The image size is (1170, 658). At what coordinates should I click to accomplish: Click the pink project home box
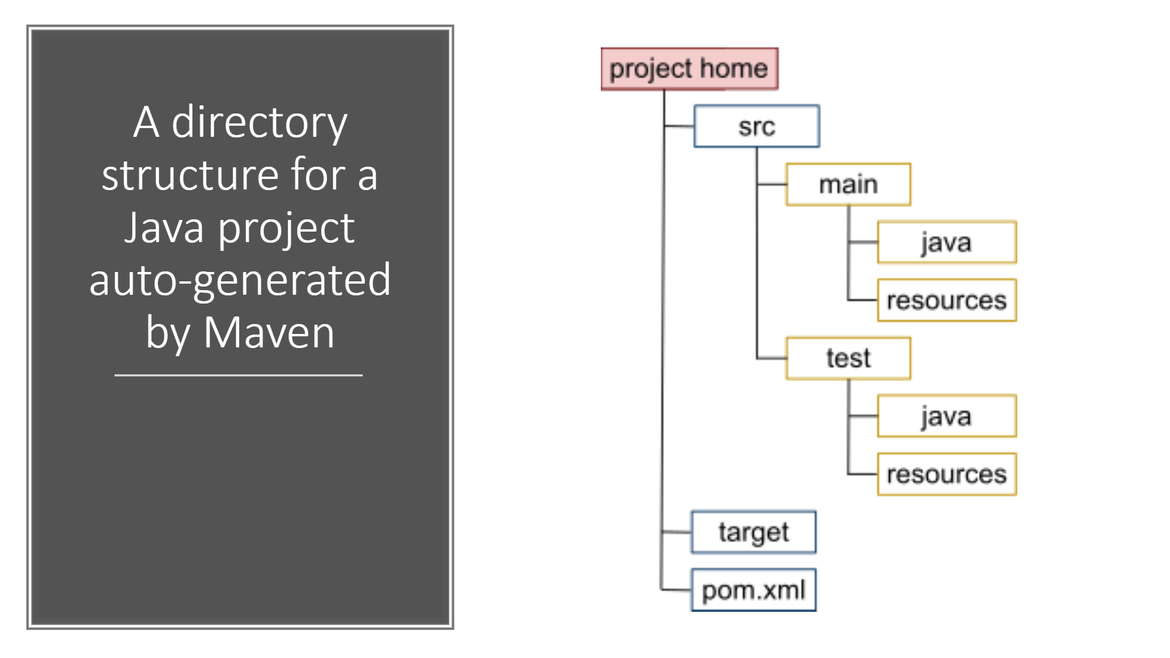(689, 69)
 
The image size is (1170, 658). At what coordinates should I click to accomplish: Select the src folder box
(756, 126)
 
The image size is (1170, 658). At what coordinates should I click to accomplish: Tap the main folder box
(848, 184)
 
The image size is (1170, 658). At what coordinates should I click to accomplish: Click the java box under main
(947, 242)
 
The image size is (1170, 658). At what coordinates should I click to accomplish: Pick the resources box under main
(947, 300)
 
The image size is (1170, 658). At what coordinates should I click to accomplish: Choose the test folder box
(848, 358)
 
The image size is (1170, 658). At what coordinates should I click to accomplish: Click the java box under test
(947, 416)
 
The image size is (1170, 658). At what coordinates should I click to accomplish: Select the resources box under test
(947, 474)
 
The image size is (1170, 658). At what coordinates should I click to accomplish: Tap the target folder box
(753, 532)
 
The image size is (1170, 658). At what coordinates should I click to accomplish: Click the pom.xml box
(753, 590)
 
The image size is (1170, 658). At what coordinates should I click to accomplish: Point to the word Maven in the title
(269, 333)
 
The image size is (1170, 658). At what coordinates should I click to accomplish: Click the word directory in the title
(259, 122)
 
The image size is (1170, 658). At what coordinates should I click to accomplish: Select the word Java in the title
(164, 228)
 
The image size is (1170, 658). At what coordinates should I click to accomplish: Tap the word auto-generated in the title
(240, 280)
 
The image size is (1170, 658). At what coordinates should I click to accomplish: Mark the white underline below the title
(239, 375)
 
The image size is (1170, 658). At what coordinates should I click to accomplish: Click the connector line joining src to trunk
(679, 126)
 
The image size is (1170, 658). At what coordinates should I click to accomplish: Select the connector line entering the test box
(772, 358)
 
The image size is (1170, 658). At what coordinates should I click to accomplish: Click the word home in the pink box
(734, 68)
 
